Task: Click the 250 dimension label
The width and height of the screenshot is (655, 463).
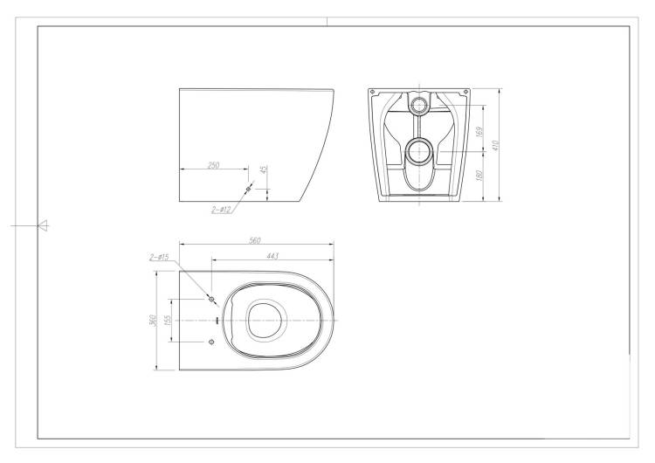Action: pyautogui.click(x=213, y=165)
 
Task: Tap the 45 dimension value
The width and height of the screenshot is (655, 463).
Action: pyautogui.click(x=263, y=169)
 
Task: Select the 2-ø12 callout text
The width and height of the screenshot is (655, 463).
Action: pyautogui.click(x=222, y=210)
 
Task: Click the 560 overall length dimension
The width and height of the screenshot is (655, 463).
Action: pyautogui.click(x=255, y=240)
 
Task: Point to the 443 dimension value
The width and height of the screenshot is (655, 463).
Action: pyautogui.click(x=272, y=256)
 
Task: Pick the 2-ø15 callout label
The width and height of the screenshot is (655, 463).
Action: pyautogui.click(x=159, y=258)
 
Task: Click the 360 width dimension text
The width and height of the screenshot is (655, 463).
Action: pyautogui.click(x=153, y=321)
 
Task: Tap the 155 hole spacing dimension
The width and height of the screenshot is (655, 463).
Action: pyautogui.click(x=168, y=320)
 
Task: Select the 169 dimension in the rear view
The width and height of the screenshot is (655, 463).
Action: pyautogui.click(x=480, y=132)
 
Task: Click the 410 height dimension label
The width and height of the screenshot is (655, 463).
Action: pyautogui.click(x=496, y=145)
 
